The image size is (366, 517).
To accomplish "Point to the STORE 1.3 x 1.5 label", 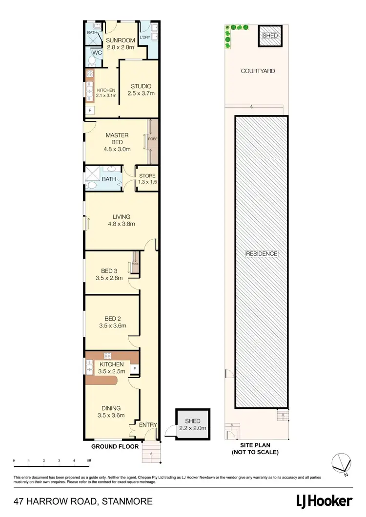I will pos(147,179).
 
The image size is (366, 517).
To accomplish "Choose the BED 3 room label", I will pos(109,274).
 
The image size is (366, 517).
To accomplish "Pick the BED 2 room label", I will pos(110,322).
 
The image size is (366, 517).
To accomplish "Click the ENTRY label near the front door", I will pos(148,425).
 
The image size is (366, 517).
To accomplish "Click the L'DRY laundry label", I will pos(144,38).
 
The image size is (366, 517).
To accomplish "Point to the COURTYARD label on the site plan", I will pos(258,71).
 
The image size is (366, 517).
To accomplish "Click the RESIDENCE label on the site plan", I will pos(262,254).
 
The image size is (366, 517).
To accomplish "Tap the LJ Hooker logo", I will pos(324,500).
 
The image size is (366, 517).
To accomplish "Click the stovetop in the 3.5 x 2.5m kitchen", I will pos(108,355).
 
